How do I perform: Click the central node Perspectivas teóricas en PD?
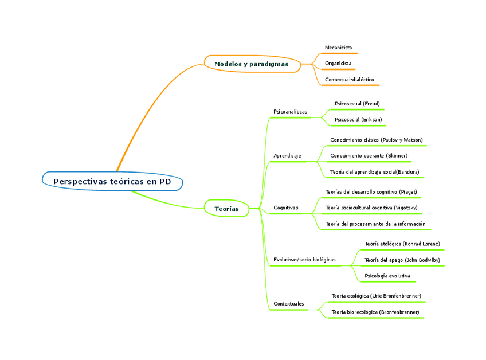[112, 181]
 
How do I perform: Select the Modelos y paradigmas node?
[252, 64]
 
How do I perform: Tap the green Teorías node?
[226, 209]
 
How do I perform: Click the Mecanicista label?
[338, 47]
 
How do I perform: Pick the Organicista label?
[338, 63]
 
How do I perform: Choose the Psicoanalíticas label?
[290, 111]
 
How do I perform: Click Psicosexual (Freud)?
[357, 104]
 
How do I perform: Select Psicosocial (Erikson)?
[358, 120]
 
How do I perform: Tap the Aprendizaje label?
[287, 156]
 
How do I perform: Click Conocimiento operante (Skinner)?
[369, 155]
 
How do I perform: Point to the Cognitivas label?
[286, 208]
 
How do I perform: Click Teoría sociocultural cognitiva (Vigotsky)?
[371, 208]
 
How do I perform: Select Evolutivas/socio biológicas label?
[304, 260]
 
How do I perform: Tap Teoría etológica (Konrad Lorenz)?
[402, 244]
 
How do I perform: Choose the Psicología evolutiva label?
[387, 276]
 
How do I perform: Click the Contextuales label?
[289, 303]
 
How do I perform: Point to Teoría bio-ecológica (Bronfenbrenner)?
[375, 312]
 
